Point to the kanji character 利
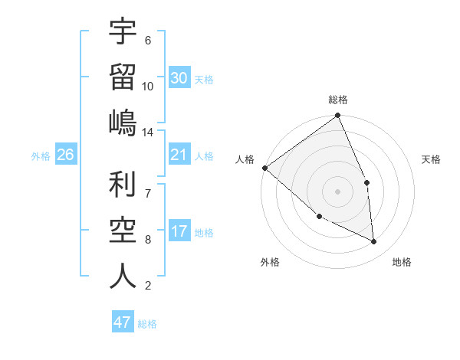[x=123, y=186]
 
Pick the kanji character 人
[x=123, y=276]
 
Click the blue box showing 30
[x=179, y=78]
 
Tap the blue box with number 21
[x=179, y=155]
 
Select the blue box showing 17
[x=179, y=231]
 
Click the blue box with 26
[x=65, y=155]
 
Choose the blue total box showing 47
[x=123, y=322]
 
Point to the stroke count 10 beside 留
[x=148, y=86]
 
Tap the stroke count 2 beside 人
[x=147, y=286]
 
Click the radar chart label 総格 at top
[x=338, y=100]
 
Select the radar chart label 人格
[x=245, y=159]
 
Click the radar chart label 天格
[x=431, y=159]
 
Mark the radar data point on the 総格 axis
[x=337, y=116]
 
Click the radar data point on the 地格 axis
[x=374, y=242]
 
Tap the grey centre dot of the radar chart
[x=337, y=191]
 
